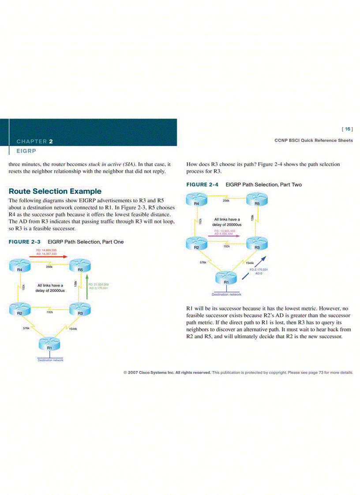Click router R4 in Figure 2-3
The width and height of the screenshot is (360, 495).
(x=19, y=266)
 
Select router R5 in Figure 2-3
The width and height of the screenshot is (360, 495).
(x=80, y=266)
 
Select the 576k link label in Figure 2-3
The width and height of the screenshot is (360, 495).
(x=26, y=328)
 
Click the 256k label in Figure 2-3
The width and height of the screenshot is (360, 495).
(x=49, y=267)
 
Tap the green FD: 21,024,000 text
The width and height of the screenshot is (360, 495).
(x=99, y=285)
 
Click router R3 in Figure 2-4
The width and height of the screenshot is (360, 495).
(x=257, y=244)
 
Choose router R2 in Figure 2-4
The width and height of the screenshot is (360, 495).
(x=196, y=244)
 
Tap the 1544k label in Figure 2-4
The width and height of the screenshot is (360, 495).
(x=250, y=263)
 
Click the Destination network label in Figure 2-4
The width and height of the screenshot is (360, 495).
(x=226, y=294)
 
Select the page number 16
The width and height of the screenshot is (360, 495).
(x=347, y=129)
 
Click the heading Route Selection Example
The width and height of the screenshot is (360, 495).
(x=55, y=191)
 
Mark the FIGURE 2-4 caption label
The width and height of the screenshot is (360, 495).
(x=202, y=185)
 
